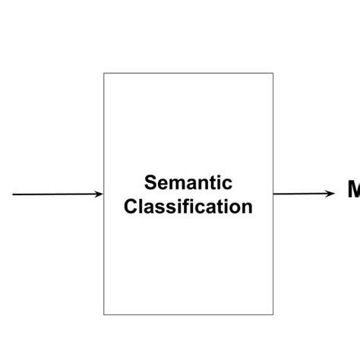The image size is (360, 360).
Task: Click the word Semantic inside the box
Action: click(188, 183)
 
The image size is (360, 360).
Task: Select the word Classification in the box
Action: click(188, 206)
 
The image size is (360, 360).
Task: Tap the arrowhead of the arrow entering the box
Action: click(99, 194)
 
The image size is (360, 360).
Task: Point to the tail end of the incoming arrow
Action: click(14, 194)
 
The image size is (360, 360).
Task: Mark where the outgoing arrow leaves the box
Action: click(273, 194)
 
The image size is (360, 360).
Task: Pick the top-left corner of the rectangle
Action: click(104, 74)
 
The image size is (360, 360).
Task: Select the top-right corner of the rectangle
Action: click(273, 74)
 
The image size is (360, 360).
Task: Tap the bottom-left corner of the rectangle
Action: click(104, 314)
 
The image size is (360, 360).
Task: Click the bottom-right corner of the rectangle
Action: click(273, 314)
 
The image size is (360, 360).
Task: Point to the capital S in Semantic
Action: click(150, 183)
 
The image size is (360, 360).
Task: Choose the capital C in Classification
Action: click(131, 206)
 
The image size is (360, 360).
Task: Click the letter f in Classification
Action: click(192, 206)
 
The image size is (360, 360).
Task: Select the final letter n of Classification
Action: click(247, 207)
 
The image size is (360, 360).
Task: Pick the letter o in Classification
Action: click(235, 207)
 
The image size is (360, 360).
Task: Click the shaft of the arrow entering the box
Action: click(57, 194)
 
